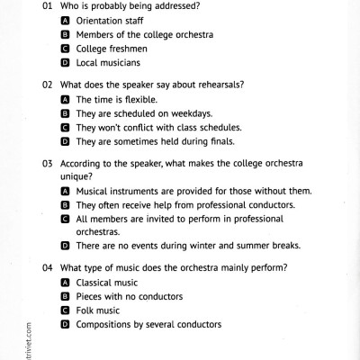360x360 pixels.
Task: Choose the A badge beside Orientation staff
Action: [x=66, y=20]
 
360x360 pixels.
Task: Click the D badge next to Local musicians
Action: [x=66, y=63]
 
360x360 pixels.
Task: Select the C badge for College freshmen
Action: [x=66, y=49]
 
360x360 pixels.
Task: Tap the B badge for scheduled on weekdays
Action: [x=66, y=113]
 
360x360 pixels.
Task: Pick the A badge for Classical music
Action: [x=66, y=283]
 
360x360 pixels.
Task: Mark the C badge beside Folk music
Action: [x=66, y=310]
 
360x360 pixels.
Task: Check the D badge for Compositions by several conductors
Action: [x=66, y=325]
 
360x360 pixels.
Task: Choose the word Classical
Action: [x=96, y=283]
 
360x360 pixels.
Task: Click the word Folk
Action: [x=85, y=310]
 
